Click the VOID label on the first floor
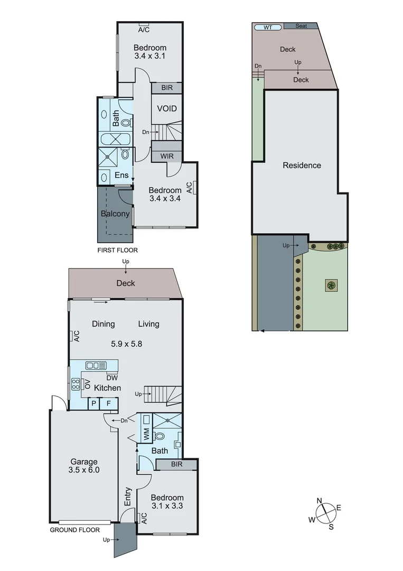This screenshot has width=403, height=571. pos(167,109)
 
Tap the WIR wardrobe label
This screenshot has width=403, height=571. pos(167,156)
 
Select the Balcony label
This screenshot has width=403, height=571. pos(115,214)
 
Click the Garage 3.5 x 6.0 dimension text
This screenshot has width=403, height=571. pos(84,469)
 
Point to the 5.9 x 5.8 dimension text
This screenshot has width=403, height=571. pos(126,344)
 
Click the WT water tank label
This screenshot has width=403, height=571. pos(268,27)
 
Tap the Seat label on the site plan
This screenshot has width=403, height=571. pos(301,26)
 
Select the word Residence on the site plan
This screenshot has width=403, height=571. pos(302,165)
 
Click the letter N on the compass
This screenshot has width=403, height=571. pos(320,501)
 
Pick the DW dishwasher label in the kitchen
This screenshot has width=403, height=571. pos(111,377)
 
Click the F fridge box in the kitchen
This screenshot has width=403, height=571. pos(109,403)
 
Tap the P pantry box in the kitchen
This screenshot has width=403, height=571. pos(93,403)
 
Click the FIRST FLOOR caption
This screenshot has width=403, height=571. pos(117,250)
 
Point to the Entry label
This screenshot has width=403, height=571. pos(128,496)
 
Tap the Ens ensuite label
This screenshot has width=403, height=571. pos(121,175)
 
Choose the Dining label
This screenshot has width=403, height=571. pos(104,324)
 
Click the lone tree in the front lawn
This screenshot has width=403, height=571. pos(331,285)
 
